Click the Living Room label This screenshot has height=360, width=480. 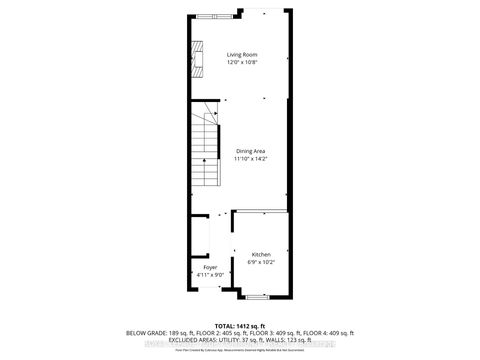242,54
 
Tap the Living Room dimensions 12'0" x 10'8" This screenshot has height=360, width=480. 242,63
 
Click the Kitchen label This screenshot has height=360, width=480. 261,255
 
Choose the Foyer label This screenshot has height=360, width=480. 210,267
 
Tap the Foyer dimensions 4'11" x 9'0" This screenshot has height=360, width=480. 210,276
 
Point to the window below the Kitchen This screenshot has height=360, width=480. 256,296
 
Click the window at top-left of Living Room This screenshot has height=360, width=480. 213,14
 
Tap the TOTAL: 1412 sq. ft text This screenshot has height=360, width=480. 240,326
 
